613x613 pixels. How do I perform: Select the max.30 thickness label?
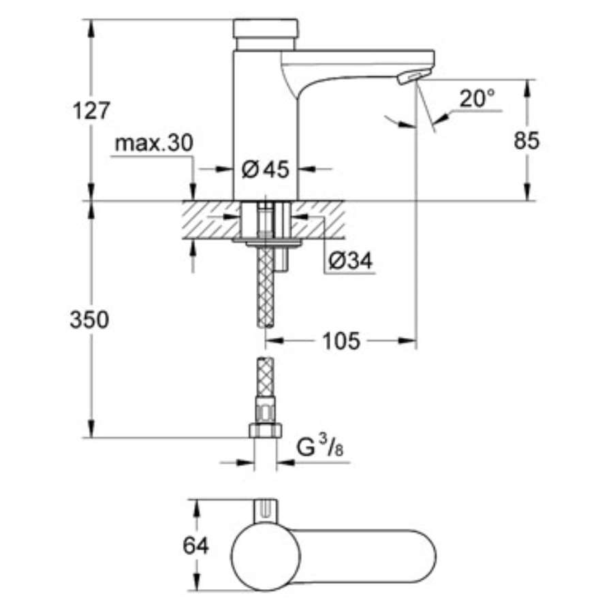(x=154, y=143)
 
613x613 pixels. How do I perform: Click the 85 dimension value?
(x=526, y=140)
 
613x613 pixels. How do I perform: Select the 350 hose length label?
(x=89, y=319)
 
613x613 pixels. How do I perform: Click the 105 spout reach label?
(x=341, y=341)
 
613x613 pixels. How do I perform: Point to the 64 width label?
(x=196, y=545)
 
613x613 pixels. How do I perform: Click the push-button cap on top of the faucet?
(x=266, y=29)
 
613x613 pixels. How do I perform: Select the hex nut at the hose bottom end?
(x=266, y=430)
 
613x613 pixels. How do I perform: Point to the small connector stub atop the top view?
(x=266, y=509)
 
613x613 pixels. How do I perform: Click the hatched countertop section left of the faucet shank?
(x=208, y=219)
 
